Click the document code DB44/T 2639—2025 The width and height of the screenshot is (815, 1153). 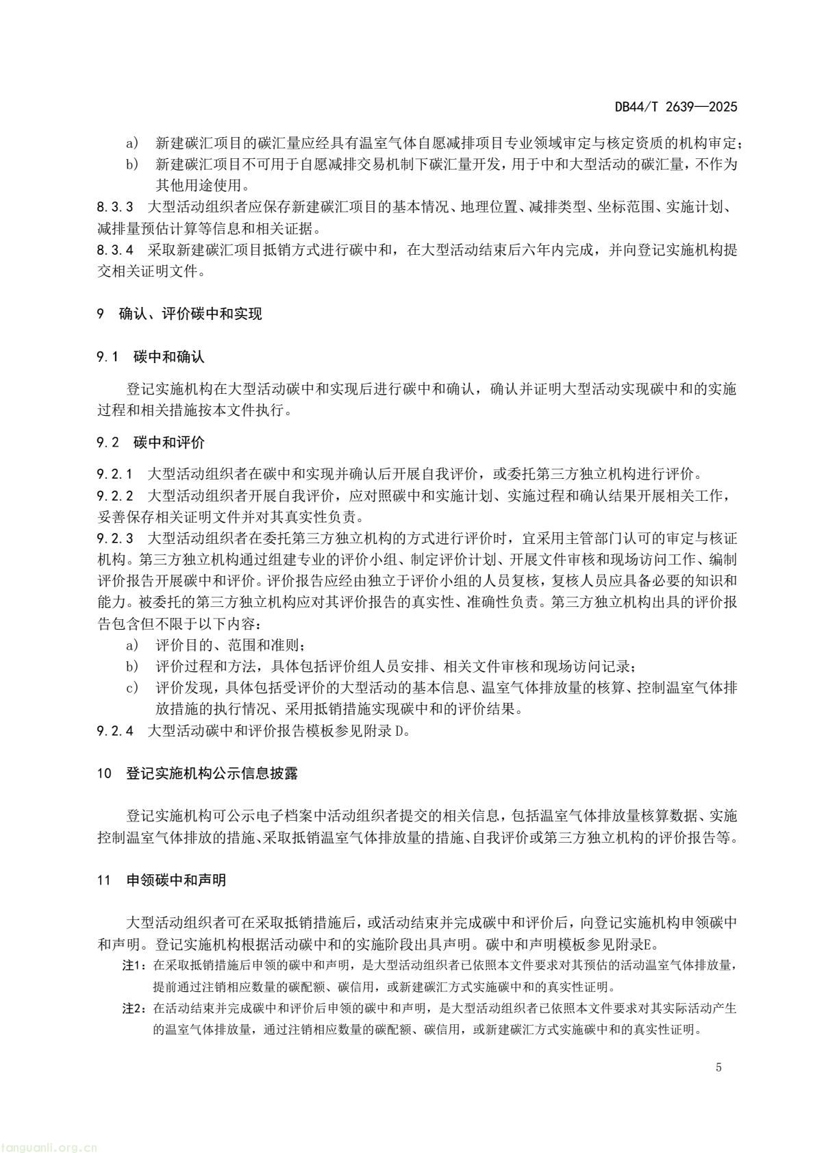click(x=675, y=107)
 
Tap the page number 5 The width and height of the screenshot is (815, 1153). click(x=718, y=1067)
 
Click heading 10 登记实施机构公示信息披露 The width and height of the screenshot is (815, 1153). click(x=198, y=774)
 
